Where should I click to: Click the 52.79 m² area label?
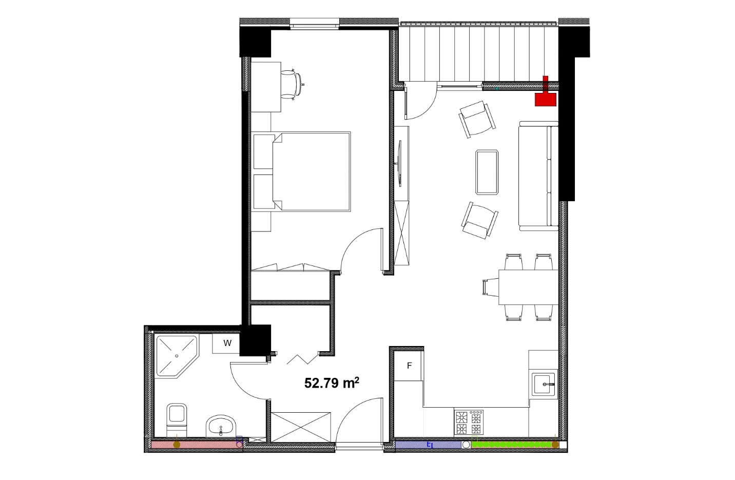coord(332,383)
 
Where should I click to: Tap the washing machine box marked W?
coord(226,343)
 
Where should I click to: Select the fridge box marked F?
coord(408,366)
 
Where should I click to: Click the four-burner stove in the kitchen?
coord(469,422)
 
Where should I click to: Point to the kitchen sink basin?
coord(544,384)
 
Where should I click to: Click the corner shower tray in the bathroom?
coord(177,356)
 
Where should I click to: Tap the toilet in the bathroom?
coord(177,420)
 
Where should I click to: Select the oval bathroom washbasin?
coord(221,426)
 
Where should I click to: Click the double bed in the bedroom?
coord(301,171)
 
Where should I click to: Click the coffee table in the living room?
coord(487,172)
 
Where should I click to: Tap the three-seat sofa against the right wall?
coord(538,176)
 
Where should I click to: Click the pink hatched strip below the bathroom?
coord(196,445)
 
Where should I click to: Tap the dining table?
coord(528,287)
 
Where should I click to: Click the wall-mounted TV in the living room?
coord(399,164)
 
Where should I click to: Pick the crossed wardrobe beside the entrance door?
coord(301,427)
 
